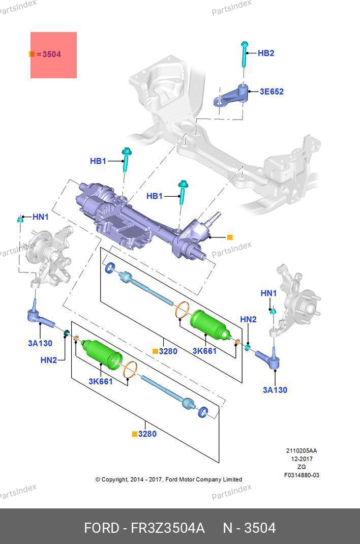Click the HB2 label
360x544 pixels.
point(265,53)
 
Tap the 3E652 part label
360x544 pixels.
point(272,92)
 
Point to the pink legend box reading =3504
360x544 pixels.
point(53,55)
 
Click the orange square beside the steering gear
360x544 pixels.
point(230,237)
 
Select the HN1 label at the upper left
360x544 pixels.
point(40,217)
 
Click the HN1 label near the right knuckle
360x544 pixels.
point(268,293)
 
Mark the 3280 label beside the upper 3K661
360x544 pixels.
point(168,351)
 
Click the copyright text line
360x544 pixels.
point(168,479)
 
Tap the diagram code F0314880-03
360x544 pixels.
point(302,475)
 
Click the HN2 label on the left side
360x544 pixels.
point(49,360)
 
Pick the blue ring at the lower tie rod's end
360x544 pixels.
point(202,412)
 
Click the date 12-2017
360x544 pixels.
point(302,459)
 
